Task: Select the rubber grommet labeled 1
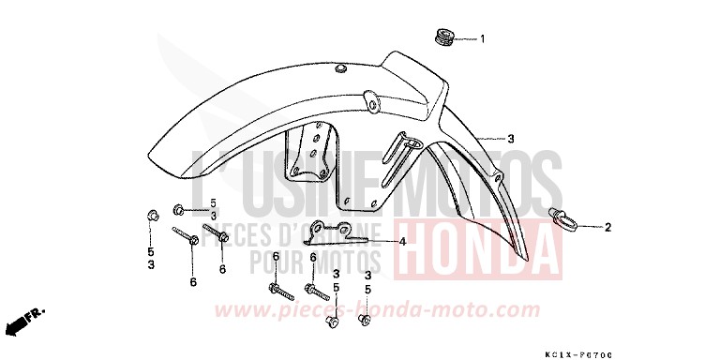442,38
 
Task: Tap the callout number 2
607,227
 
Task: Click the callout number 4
401,241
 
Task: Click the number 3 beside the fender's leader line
511,139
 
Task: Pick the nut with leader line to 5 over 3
180,208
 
